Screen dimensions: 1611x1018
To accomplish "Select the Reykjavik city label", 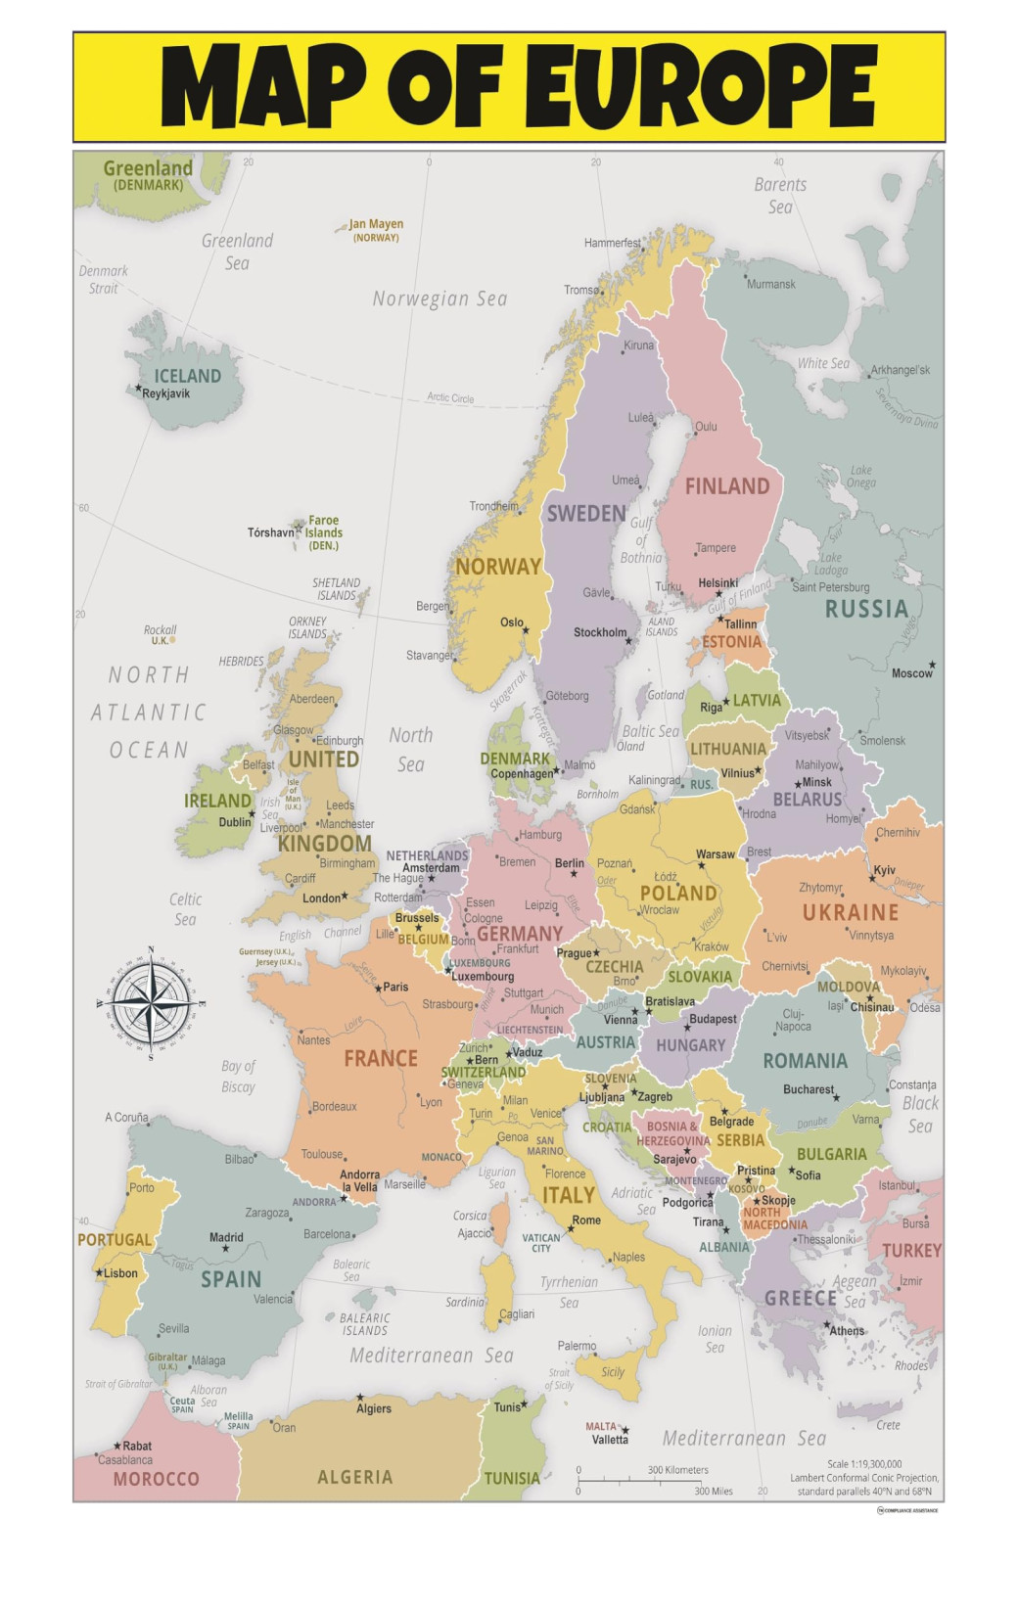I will (x=166, y=393).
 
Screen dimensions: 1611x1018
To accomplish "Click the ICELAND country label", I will (x=187, y=376).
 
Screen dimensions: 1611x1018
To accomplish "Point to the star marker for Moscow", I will (x=932, y=665).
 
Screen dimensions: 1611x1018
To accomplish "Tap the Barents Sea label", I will (x=780, y=195).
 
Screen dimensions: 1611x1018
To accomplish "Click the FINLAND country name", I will (x=726, y=486).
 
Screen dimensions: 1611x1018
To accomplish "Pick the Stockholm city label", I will (x=599, y=632).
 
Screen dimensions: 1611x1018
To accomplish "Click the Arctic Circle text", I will (x=450, y=397).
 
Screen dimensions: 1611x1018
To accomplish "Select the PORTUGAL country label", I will (x=115, y=1240).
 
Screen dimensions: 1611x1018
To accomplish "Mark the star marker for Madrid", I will (x=225, y=1249).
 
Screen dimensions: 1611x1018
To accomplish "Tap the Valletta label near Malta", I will (x=610, y=1440).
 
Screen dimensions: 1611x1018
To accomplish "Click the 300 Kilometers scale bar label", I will (x=677, y=1470).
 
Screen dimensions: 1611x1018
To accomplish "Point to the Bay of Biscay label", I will (x=238, y=1076).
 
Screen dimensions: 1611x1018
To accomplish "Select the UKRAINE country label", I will (x=850, y=913).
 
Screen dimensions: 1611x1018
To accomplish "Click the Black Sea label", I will (x=920, y=1114).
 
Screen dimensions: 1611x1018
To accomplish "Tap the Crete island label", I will (x=888, y=1425).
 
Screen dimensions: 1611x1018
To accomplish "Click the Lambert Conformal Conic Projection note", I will (x=864, y=1478).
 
